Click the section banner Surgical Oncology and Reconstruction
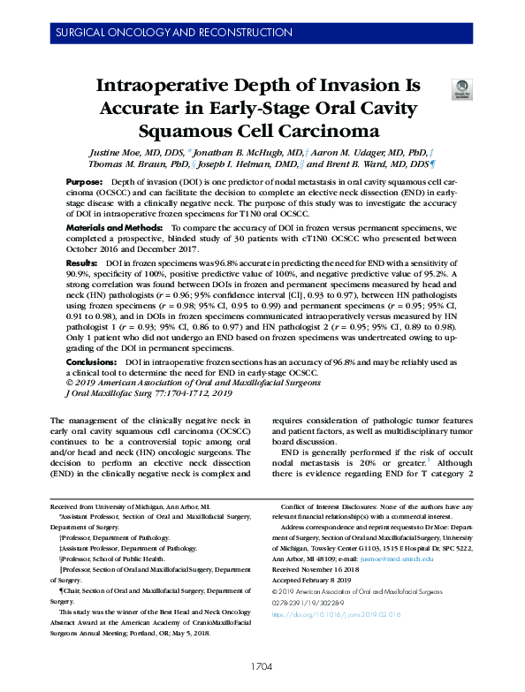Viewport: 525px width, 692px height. [161, 32]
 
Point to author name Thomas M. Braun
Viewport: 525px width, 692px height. [130, 164]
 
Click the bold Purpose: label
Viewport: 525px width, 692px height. [84, 180]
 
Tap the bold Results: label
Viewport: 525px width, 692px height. [82, 264]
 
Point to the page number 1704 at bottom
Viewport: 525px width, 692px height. [262, 666]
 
